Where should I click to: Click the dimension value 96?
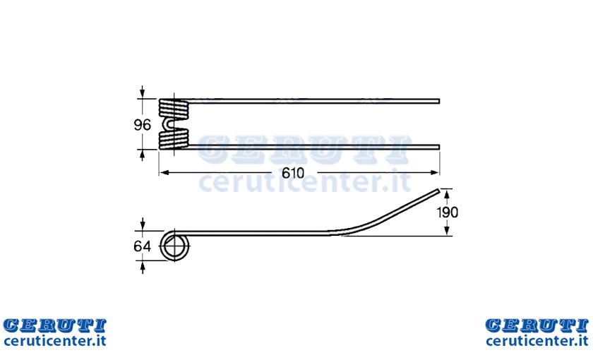click(142, 125)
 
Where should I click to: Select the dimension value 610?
click(293, 173)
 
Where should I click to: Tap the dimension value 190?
click(448, 212)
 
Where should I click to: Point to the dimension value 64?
click(142, 246)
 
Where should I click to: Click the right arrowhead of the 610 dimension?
click(435, 173)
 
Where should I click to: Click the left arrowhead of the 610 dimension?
click(164, 173)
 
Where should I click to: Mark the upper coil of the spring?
click(173, 108)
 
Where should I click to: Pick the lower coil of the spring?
click(173, 139)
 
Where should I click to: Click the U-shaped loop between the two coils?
click(169, 124)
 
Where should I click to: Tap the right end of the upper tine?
click(438, 101)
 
